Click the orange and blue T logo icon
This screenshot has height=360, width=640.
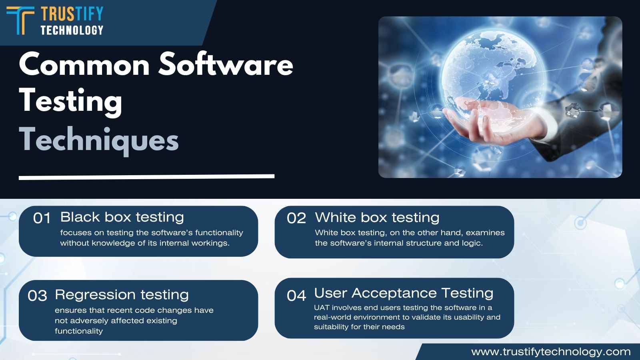(x=20, y=20)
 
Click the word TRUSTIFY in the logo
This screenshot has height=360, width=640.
(x=72, y=14)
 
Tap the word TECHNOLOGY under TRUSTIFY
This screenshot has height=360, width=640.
(x=72, y=30)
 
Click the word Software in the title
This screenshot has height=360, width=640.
(x=226, y=64)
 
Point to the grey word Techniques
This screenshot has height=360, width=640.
(x=99, y=140)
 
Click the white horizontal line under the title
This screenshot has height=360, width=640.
(x=146, y=177)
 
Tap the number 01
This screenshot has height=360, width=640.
(x=42, y=218)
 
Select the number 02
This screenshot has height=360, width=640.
(x=296, y=218)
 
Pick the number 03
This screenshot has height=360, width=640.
(x=38, y=296)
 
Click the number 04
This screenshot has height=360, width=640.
(x=296, y=296)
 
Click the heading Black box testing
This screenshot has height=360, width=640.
(x=122, y=218)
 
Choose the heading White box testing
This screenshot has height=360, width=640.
(x=377, y=218)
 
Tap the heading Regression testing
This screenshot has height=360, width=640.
(x=122, y=295)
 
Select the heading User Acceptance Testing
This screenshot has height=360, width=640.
(x=404, y=293)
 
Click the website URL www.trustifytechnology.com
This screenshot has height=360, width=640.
(x=551, y=352)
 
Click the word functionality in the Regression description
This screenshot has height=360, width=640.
(x=79, y=331)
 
